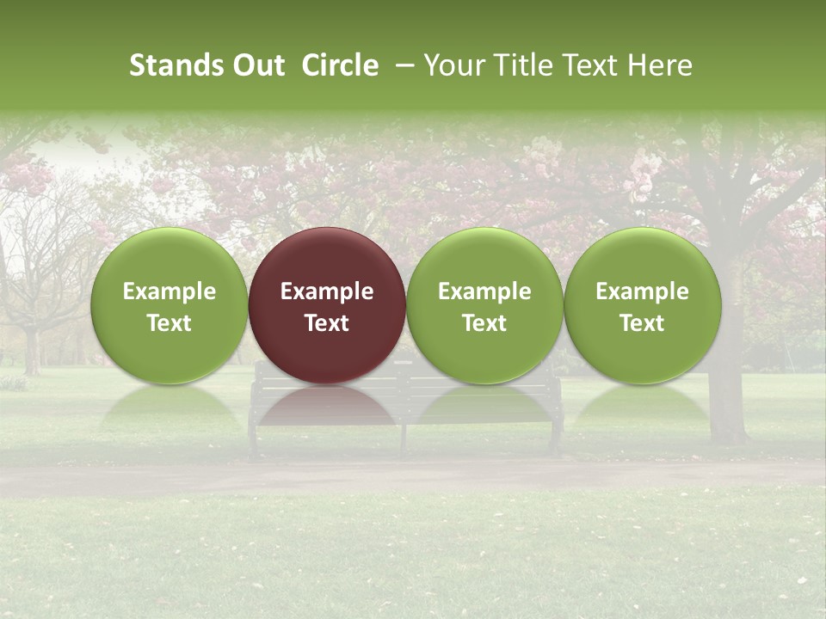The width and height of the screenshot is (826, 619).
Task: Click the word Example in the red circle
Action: pos(327,291)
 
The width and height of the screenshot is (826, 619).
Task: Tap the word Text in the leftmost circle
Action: pos(169,323)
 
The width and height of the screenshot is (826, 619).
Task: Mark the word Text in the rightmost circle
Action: pos(643,323)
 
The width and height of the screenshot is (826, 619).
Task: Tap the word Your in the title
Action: pos(453,65)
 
